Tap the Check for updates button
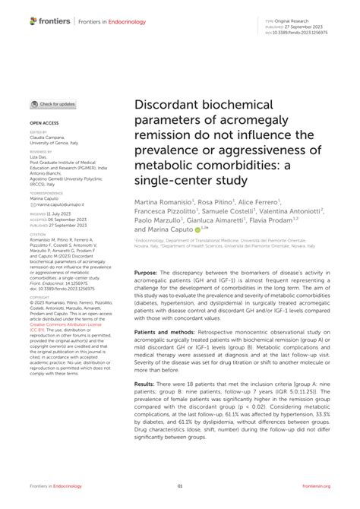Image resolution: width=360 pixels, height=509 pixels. [x=54, y=104]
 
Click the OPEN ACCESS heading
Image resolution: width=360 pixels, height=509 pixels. [x=46, y=122]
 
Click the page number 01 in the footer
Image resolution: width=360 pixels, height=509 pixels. [x=180, y=487]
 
